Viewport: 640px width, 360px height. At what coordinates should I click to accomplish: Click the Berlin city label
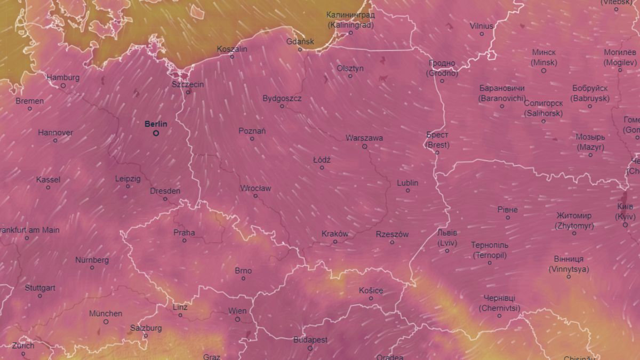[x=156, y=124]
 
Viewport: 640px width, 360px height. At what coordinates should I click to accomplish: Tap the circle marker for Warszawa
[x=365, y=146]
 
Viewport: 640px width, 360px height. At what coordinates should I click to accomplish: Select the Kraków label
[x=335, y=234]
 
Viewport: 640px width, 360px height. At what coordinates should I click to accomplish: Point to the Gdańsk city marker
[x=300, y=50]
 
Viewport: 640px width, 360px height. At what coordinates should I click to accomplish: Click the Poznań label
[x=252, y=131]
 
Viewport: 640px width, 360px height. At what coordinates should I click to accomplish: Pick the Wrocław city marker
[x=255, y=196]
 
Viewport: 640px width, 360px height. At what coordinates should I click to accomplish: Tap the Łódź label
[x=322, y=159]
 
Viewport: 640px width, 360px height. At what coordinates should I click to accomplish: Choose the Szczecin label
[x=188, y=84]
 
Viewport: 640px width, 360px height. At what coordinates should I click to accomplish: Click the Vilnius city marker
[x=482, y=34]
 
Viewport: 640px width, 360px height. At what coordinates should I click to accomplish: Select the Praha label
[x=184, y=233]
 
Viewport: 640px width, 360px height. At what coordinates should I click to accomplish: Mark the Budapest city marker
[x=310, y=348]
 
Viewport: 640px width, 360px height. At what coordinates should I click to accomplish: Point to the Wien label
[x=237, y=311]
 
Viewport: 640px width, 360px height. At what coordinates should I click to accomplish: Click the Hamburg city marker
[x=63, y=85]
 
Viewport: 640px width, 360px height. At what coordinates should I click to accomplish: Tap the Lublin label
[x=407, y=183]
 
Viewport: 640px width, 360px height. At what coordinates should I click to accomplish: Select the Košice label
[x=371, y=290]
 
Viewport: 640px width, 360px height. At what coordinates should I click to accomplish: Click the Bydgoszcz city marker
[x=282, y=106]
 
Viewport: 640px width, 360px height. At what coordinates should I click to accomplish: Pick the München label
[x=106, y=314]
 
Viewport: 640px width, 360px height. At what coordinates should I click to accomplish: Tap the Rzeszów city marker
[x=392, y=242]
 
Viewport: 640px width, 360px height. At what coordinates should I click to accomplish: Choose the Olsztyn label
[x=350, y=68]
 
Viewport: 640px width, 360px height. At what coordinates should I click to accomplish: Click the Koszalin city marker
[x=232, y=57]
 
